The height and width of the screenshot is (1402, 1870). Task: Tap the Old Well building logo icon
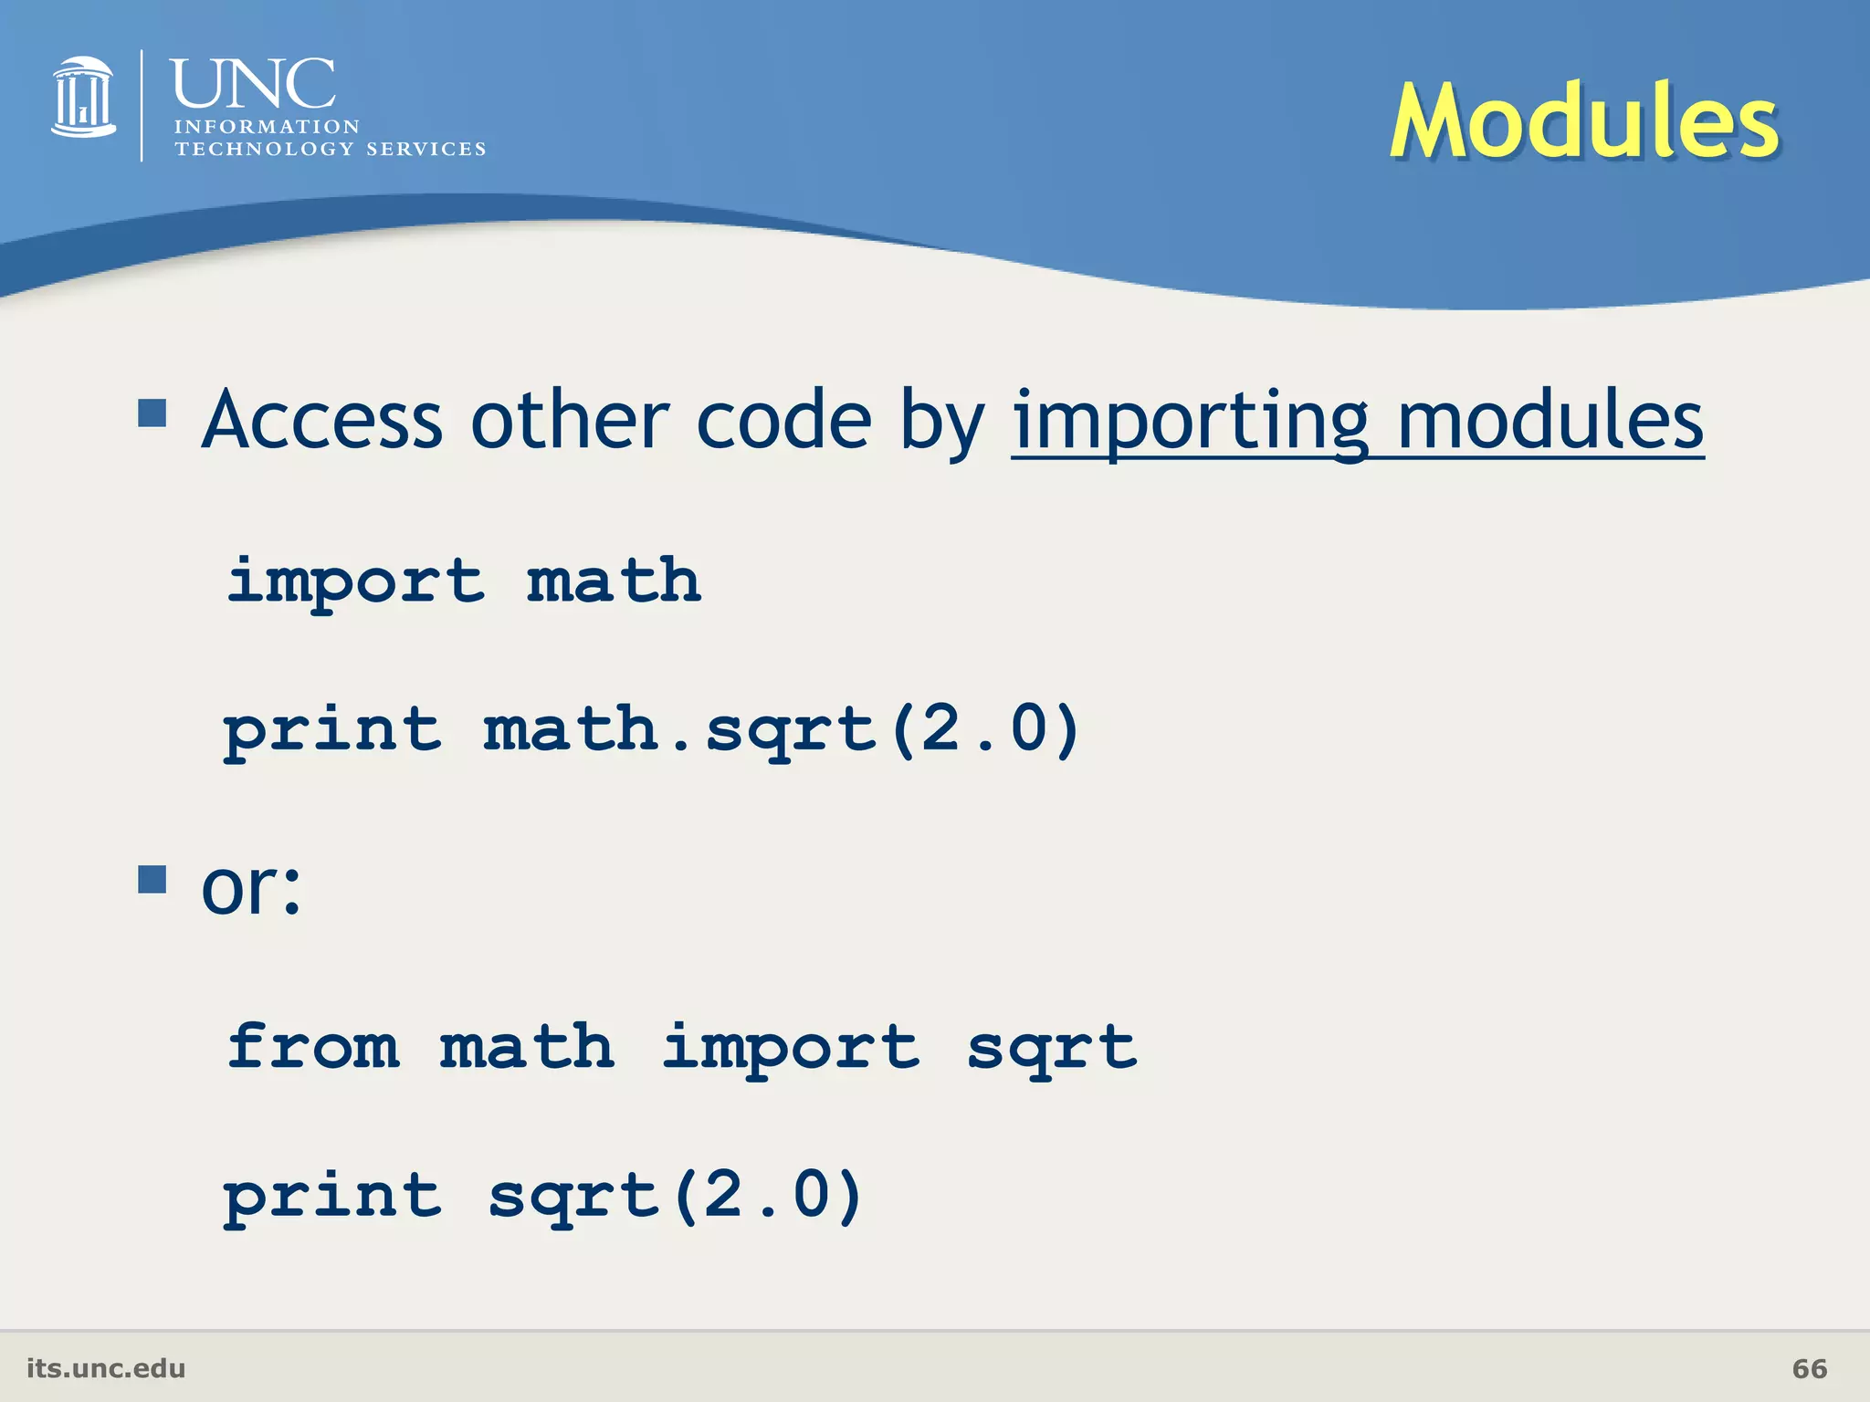click(x=84, y=99)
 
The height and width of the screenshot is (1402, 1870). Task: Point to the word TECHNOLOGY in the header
click(x=265, y=149)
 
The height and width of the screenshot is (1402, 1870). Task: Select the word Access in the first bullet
click(x=322, y=421)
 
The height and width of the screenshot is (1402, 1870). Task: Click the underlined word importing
click(x=1190, y=421)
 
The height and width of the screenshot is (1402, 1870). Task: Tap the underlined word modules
click(x=1550, y=421)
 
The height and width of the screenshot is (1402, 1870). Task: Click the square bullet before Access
click(x=152, y=413)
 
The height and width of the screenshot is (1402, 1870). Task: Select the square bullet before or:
click(x=152, y=880)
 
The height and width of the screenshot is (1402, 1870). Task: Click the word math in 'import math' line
click(x=614, y=581)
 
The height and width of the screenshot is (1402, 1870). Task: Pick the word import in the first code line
click(x=355, y=582)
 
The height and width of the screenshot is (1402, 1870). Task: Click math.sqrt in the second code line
click(x=680, y=730)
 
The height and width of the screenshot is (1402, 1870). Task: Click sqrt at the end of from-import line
click(x=1052, y=1048)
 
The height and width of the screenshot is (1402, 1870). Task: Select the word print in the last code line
click(x=333, y=1196)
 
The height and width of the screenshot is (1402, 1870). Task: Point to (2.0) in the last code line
click(x=768, y=1196)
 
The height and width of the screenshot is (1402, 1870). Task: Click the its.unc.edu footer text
click(x=106, y=1368)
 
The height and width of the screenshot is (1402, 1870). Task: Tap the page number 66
click(x=1809, y=1368)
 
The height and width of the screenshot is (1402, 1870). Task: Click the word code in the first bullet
click(x=783, y=421)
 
